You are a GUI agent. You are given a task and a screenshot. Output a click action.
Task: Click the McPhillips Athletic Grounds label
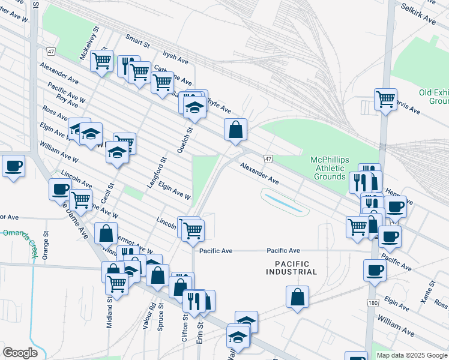pos(328,168)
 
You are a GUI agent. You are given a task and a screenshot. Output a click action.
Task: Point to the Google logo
pos(20,353)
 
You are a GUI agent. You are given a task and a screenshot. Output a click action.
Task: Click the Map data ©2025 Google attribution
pos(412,355)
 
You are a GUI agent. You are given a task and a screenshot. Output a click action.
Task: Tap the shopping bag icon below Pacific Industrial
pos(298,297)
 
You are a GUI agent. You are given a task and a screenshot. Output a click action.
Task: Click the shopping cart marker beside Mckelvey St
pos(102,60)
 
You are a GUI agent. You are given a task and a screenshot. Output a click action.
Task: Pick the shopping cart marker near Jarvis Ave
pos(385,98)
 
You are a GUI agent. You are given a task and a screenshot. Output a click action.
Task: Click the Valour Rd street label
pos(153,313)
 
